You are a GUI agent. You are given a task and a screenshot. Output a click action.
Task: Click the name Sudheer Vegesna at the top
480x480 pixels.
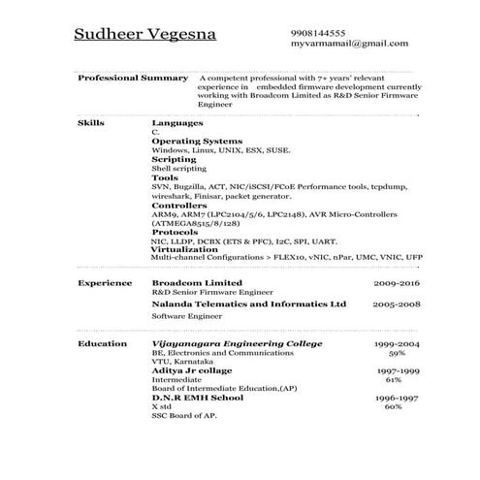point(145,36)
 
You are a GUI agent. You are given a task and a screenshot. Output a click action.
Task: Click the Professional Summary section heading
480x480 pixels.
point(132,78)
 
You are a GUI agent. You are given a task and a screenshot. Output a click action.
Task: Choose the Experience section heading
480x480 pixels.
point(105,282)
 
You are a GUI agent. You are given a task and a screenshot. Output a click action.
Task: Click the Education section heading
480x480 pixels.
point(102,344)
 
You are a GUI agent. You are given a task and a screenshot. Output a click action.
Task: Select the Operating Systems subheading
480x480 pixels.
point(197,142)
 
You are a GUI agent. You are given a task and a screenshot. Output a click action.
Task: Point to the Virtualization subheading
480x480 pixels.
point(184,249)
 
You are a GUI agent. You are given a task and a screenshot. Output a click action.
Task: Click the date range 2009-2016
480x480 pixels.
point(396,282)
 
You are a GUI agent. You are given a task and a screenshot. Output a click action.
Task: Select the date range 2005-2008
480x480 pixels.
point(396,304)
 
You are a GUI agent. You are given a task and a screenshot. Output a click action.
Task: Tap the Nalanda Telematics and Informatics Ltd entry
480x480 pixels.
point(249,304)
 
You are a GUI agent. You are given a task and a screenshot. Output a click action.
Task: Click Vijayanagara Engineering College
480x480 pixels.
point(231,344)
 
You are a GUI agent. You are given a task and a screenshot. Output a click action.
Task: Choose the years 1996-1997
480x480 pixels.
point(396,399)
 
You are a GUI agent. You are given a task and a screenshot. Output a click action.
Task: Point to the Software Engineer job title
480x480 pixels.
point(186,316)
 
